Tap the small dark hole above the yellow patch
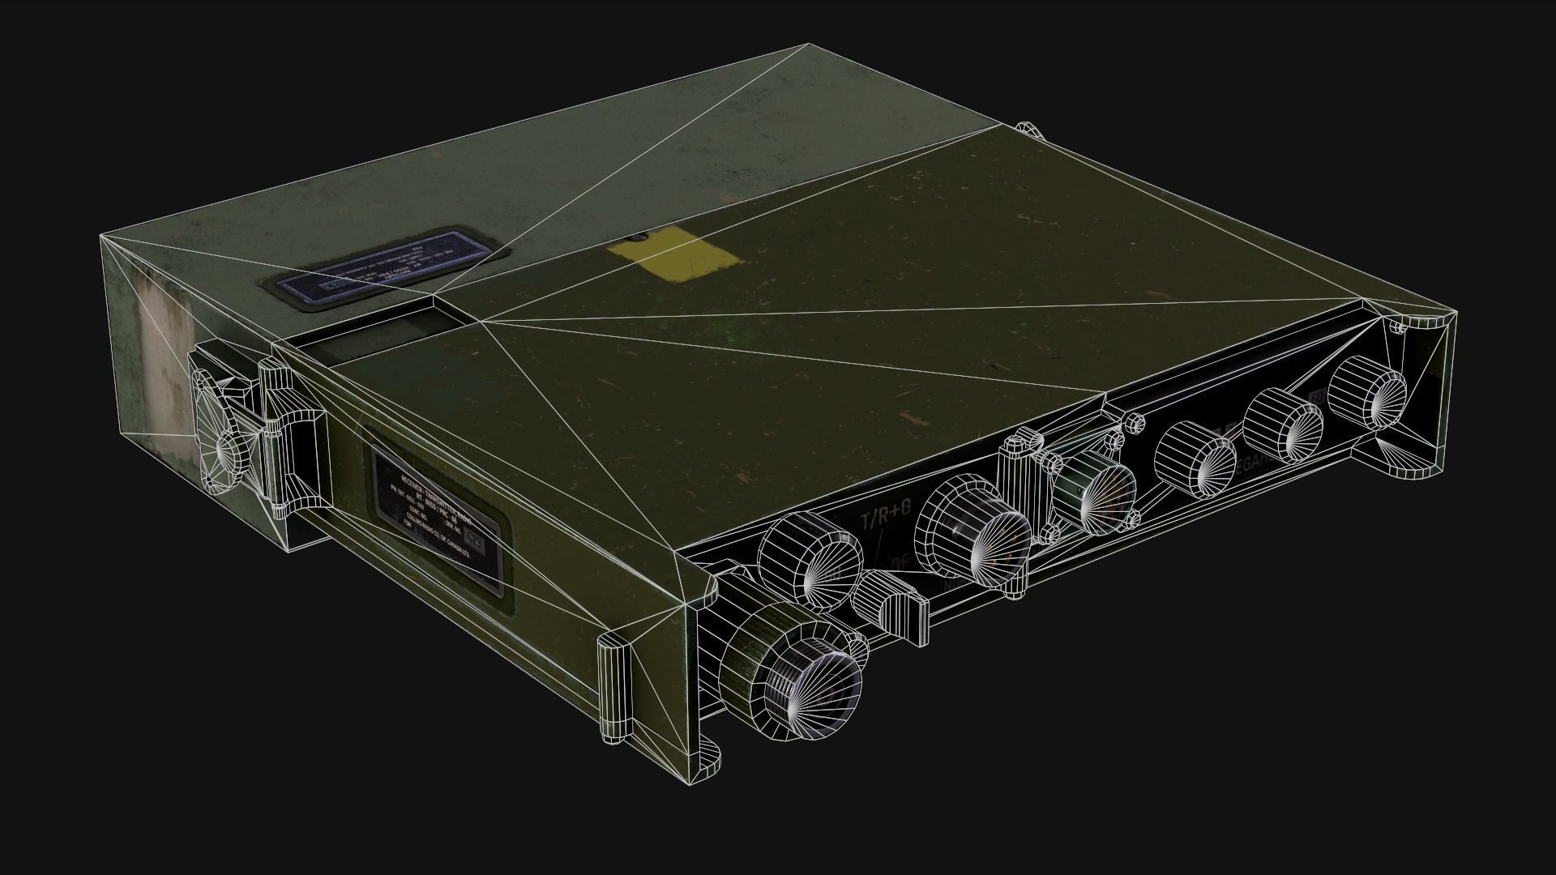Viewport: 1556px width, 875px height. pos(636,238)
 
